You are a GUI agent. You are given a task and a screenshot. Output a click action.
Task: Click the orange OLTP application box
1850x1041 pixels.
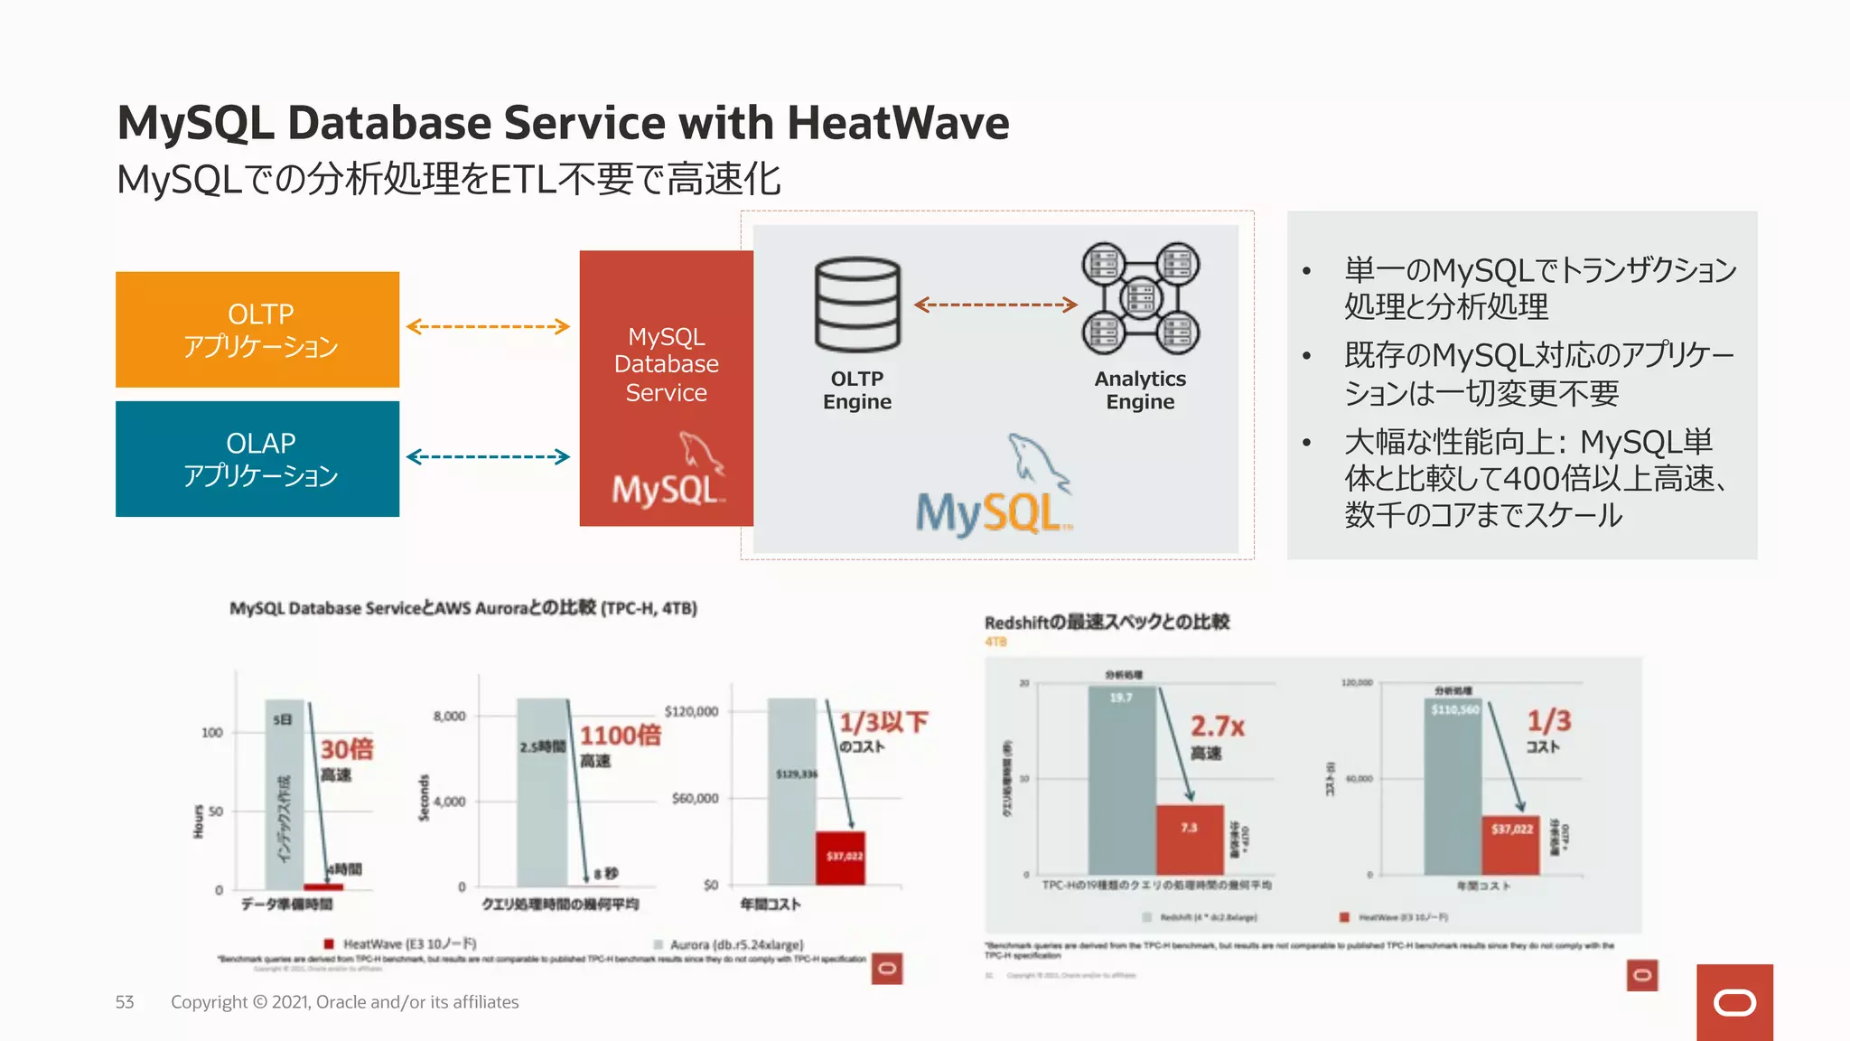[257, 330]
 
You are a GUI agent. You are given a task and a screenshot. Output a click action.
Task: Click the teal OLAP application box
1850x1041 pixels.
[257, 459]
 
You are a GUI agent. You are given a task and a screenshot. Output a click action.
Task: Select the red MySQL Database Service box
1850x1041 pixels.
[666, 389]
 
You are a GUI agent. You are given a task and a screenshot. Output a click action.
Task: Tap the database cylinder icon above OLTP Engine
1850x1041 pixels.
[857, 305]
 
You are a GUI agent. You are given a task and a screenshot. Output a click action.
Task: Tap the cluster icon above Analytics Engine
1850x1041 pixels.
[1141, 298]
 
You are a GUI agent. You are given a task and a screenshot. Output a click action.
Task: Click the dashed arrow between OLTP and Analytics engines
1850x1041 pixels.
[995, 305]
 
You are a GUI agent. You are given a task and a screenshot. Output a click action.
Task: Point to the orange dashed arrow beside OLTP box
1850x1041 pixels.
[488, 326]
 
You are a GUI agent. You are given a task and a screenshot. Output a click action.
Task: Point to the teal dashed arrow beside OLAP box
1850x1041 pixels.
[488, 456]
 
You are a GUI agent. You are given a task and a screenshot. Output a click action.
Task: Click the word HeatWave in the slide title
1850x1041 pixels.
[898, 123]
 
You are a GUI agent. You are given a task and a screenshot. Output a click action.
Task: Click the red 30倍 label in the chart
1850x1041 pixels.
[347, 749]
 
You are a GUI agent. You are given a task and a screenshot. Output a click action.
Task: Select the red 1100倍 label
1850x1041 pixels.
[621, 735]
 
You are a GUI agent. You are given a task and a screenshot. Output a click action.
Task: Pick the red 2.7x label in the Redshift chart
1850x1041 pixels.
[1217, 726]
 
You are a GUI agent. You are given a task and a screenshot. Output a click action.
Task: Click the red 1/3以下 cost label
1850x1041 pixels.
[883, 722]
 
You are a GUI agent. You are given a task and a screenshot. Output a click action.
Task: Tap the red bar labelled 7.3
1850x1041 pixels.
[1190, 839]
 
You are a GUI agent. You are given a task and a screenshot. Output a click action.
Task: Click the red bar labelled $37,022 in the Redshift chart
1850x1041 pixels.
[1511, 844]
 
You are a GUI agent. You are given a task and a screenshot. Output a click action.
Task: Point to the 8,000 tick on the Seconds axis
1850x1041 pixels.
[449, 716]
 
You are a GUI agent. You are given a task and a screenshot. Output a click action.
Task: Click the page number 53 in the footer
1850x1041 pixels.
[125, 1002]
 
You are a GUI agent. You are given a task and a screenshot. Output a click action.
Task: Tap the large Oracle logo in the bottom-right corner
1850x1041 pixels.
[1734, 1002]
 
